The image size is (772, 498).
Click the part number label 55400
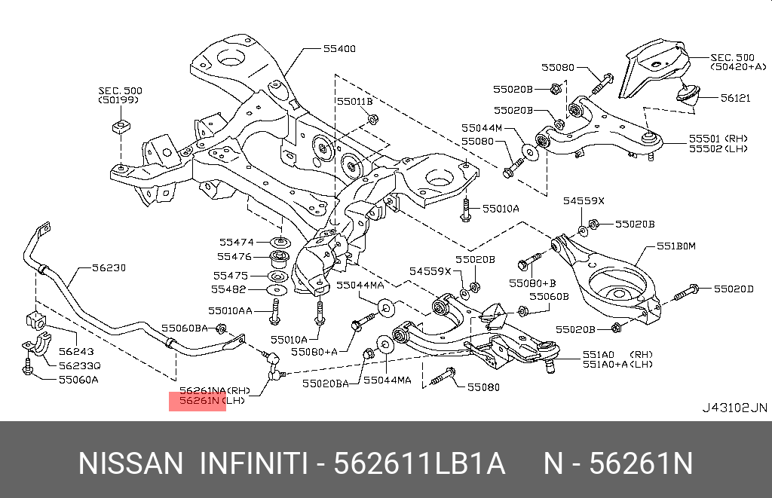pyautogui.click(x=339, y=49)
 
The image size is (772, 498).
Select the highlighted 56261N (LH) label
pyautogui.click(x=198, y=401)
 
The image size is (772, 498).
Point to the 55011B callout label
pyautogui.click(x=354, y=101)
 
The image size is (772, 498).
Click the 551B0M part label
pyautogui.click(x=675, y=246)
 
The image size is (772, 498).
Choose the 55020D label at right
pyautogui.click(x=734, y=289)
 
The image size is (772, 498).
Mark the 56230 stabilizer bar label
pyautogui.click(x=109, y=267)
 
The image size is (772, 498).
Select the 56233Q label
pyautogui.click(x=79, y=365)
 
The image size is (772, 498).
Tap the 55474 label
pyautogui.click(x=236, y=242)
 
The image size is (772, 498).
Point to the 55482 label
pyautogui.click(x=228, y=289)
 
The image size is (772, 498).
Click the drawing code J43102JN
pyautogui.click(x=734, y=408)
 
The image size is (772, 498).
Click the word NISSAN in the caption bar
pyautogui.click(x=130, y=463)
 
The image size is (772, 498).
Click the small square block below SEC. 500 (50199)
pyautogui.click(x=119, y=124)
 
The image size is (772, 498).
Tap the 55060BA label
pyautogui.click(x=185, y=328)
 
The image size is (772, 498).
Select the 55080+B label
pyautogui.click(x=532, y=283)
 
